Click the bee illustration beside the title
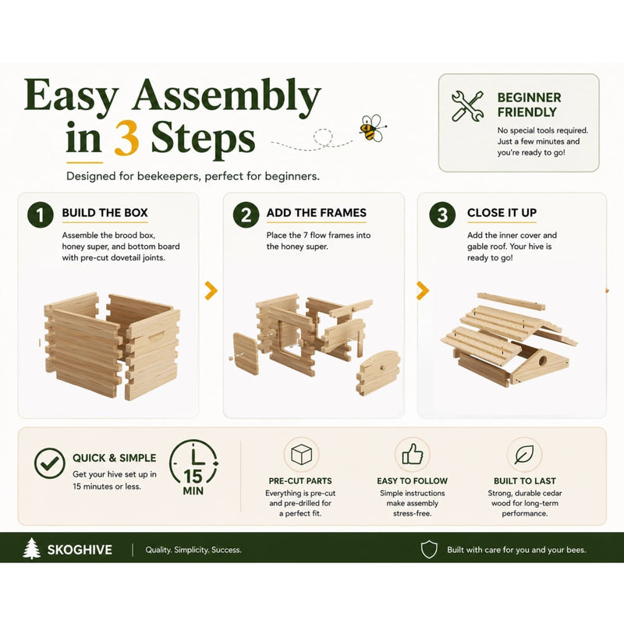click(373, 128)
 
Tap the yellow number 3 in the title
click(126, 138)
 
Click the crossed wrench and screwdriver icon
click(467, 106)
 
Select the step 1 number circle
click(41, 215)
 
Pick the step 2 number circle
click(246, 215)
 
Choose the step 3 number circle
click(442, 215)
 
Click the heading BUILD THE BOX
click(105, 212)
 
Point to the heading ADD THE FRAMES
click(317, 212)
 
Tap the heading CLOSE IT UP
click(502, 212)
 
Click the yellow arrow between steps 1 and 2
click(211, 290)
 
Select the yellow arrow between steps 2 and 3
click(423, 290)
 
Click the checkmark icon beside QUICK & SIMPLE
click(50, 463)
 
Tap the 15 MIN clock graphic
click(193, 468)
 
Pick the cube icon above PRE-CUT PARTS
click(301, 455)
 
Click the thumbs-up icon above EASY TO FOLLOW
click(413, 454)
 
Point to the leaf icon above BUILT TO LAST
click(524, 455)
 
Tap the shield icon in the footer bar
click(429, 550)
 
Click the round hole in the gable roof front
click(542, 362)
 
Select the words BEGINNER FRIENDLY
click(529, 105)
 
